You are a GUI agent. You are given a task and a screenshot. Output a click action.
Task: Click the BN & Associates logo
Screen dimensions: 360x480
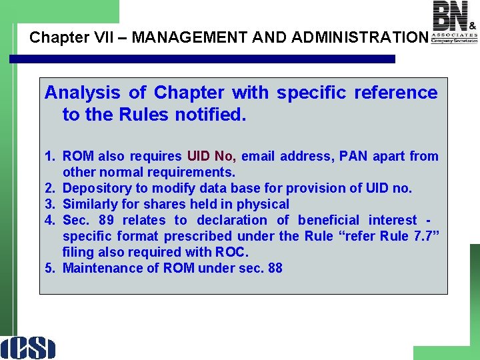[454, 22]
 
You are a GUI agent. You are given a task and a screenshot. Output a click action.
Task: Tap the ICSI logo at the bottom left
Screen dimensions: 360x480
[29, 347]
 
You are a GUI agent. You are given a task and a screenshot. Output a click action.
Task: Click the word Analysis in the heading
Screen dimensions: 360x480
[82, 93]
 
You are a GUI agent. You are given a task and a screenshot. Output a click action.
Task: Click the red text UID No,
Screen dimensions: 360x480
[211, 156]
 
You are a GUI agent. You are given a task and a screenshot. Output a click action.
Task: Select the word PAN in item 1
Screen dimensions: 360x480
[353, 156]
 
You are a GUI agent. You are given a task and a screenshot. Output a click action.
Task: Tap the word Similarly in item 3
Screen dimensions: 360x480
[93, 204]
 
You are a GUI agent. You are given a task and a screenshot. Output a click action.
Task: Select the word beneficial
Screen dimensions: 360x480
[327, 220]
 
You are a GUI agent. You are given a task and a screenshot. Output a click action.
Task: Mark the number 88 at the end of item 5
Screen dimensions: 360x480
[275, 268]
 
